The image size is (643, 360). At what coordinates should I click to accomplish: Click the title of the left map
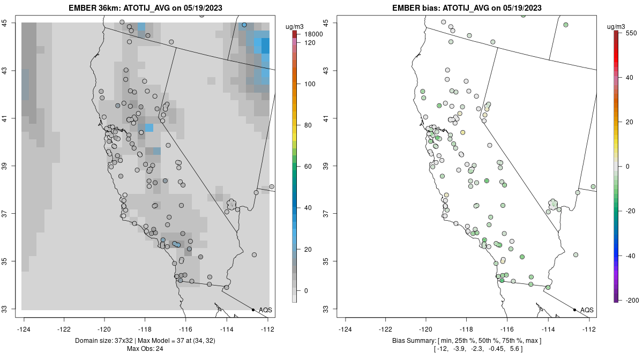[x=148, y=8]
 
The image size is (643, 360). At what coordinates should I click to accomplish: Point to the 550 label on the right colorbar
[x=630, y=33]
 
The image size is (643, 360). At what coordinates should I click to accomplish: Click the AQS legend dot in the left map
[x=253, y=310]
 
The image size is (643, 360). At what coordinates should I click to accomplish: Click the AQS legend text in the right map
[x=587, y=310]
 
